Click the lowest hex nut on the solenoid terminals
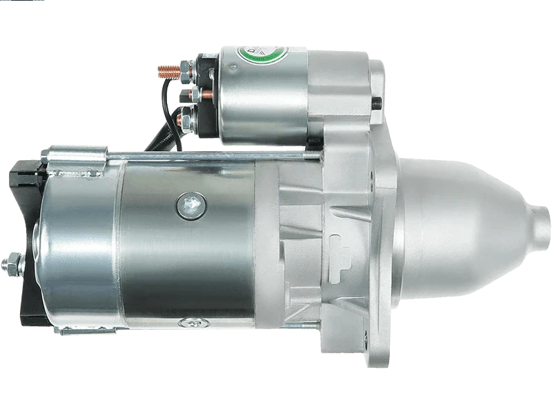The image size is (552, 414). coord(186,122)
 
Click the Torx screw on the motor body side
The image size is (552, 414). coord(187,202)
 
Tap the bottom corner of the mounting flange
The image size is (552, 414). coord(386,359)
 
